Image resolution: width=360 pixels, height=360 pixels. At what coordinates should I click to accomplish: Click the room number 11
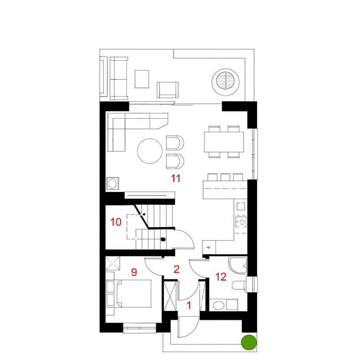176,178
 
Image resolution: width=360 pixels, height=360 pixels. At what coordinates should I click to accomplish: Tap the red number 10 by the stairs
116,222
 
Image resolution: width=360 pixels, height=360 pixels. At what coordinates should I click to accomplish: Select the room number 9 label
134,272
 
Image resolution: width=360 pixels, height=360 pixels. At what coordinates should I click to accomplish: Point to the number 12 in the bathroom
221,277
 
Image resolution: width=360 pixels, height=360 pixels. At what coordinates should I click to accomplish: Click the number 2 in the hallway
176,269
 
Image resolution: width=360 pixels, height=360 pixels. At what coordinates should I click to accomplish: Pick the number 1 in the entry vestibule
189,305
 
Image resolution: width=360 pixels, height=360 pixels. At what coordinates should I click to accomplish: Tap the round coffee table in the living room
150,151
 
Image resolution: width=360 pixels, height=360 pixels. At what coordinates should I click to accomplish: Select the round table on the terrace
225,82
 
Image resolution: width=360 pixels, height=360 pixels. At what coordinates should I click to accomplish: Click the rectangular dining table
224,142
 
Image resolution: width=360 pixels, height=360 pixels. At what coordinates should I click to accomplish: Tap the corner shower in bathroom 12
238,266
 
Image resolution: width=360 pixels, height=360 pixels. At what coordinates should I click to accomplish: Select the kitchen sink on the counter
241,222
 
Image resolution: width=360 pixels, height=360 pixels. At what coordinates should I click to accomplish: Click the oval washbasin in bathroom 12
219,306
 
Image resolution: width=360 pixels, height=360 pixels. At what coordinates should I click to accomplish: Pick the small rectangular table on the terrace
142,79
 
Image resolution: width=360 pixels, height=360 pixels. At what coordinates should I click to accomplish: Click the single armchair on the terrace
168,90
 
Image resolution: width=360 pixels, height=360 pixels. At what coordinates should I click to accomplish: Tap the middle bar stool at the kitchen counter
225,177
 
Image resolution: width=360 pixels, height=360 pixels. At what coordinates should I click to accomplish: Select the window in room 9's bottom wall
140,328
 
